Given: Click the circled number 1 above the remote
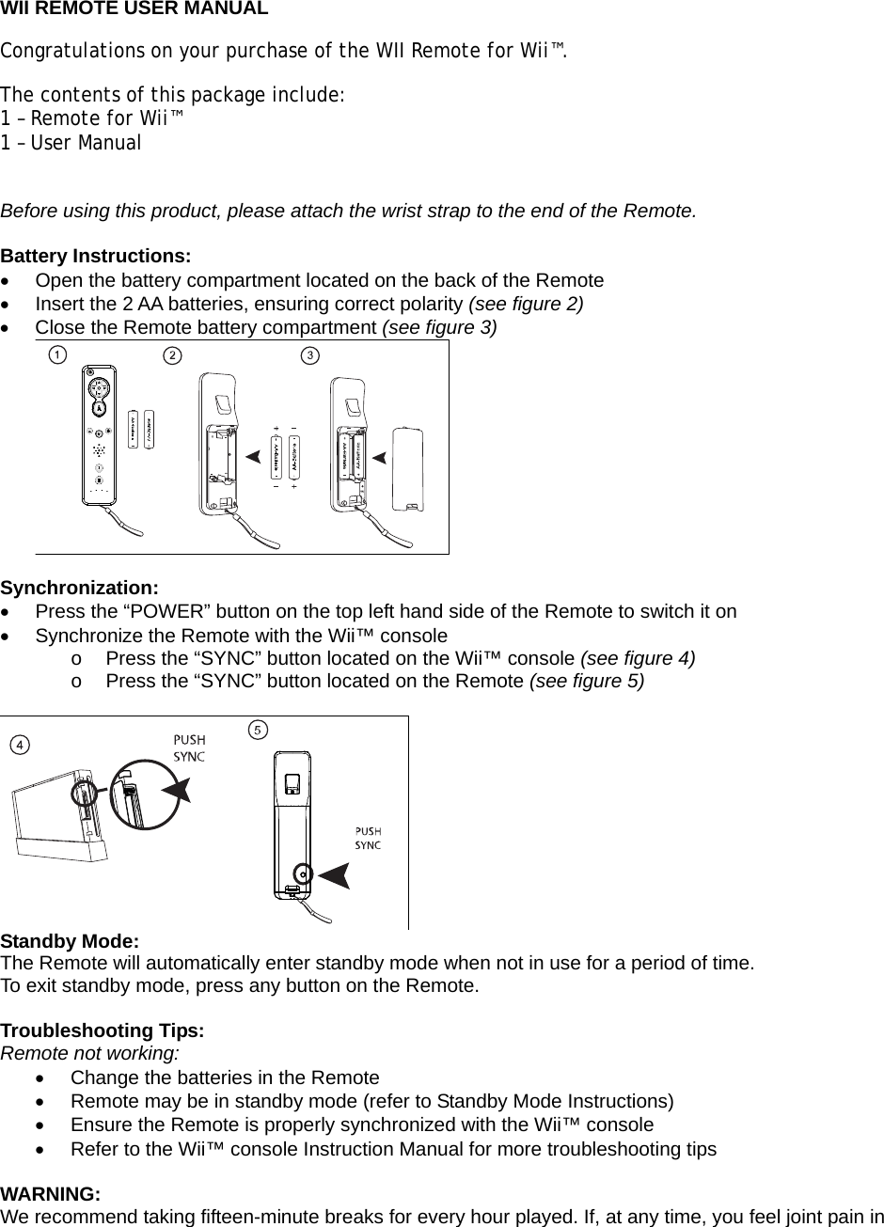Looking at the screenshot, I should coord(57,354).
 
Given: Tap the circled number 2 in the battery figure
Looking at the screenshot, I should coord(172,355).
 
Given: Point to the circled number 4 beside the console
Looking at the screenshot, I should coord(18,744).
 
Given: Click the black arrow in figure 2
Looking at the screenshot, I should coord(251,457).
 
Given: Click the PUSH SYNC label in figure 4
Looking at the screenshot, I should coord(189,747).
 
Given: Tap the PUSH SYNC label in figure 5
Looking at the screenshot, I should coord(367,838).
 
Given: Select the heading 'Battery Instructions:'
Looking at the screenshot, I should coord(96,257).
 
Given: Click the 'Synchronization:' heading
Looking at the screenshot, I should coord(80,588).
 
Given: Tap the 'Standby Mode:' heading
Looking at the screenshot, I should coord(71,941).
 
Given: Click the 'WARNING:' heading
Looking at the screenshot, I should coord(51,1194).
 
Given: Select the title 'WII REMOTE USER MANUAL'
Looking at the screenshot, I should coord(134,9).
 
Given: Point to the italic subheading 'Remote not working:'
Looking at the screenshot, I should coord(90,1053).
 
